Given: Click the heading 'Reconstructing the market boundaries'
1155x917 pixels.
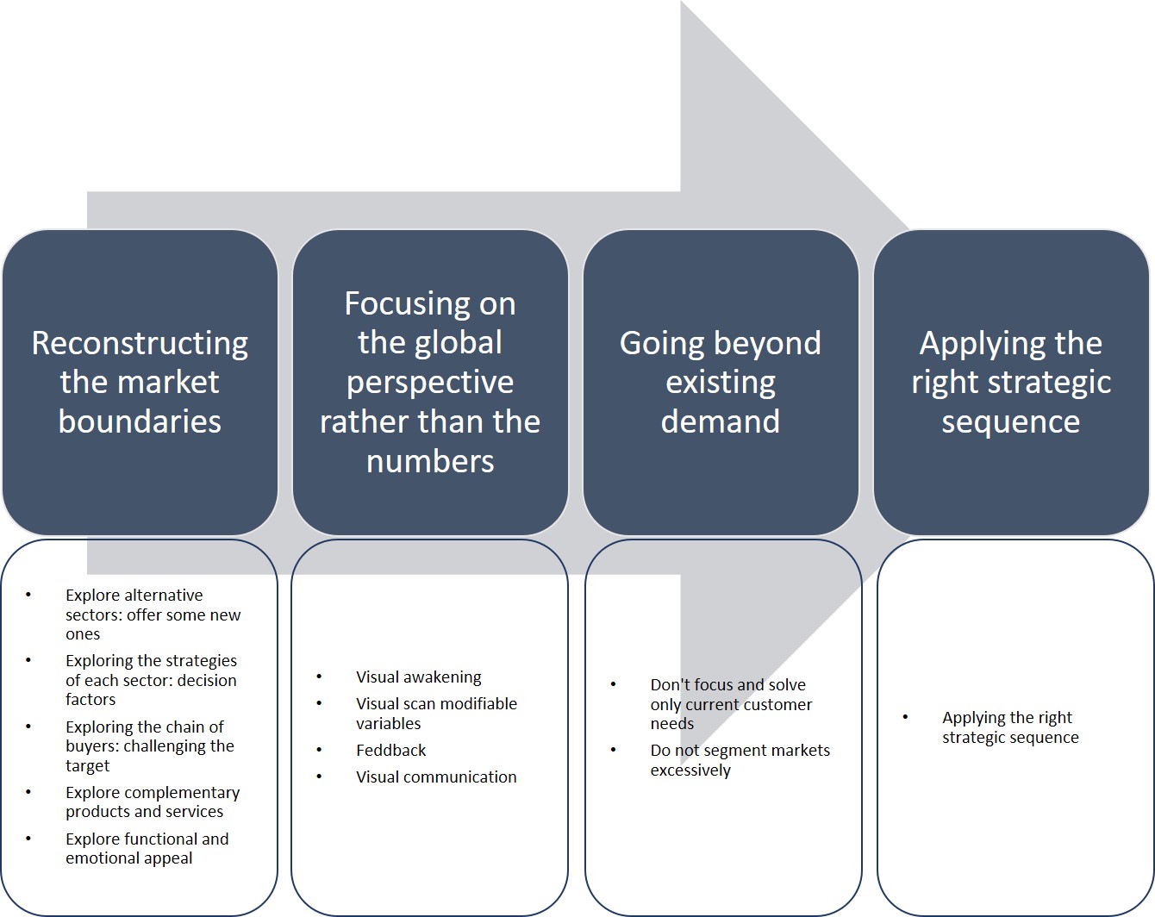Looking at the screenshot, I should click(x=140, y=382).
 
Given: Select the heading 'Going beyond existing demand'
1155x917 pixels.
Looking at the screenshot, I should click(x=721, y=382).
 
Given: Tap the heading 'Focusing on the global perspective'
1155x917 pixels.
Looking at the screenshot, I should click(x=430, y=362).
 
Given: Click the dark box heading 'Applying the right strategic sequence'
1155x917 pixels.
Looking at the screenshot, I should click(x=1011, y=382).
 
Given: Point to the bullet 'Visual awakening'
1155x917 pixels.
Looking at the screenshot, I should click(x=419, y=677).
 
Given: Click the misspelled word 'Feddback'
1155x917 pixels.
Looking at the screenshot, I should click(x=391, y=751).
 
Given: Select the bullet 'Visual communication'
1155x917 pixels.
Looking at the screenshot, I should click(x=436, y=777).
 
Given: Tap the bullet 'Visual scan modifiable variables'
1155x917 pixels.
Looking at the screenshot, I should click(x=436, y=714).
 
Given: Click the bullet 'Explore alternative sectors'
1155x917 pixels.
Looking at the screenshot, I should click(x=153, y=614).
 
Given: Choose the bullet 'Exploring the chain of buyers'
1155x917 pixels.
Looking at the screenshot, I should click(x=149, y=746).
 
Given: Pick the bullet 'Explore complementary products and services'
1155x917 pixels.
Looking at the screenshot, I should click(x=153, y=802).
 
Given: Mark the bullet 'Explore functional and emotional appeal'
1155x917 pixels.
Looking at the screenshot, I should click(x=147, y=849).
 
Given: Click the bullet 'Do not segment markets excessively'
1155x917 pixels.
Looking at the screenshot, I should click(x=740, y=760).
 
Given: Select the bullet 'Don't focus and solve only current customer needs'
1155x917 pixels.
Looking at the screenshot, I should click(x=731, y=704).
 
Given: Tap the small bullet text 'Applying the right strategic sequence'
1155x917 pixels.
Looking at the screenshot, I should click(x=1009, y=727).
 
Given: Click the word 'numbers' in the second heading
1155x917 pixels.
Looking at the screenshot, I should click(x=430, y=461).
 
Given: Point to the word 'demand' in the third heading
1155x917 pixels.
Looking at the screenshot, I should click(x=721, y=421).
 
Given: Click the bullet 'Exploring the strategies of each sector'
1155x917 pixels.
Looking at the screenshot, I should click(x=151, y=680).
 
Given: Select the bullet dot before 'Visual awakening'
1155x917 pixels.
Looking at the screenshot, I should click(x=319, y=677).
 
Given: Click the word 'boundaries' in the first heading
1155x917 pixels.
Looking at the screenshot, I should click(x=140, y=421).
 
